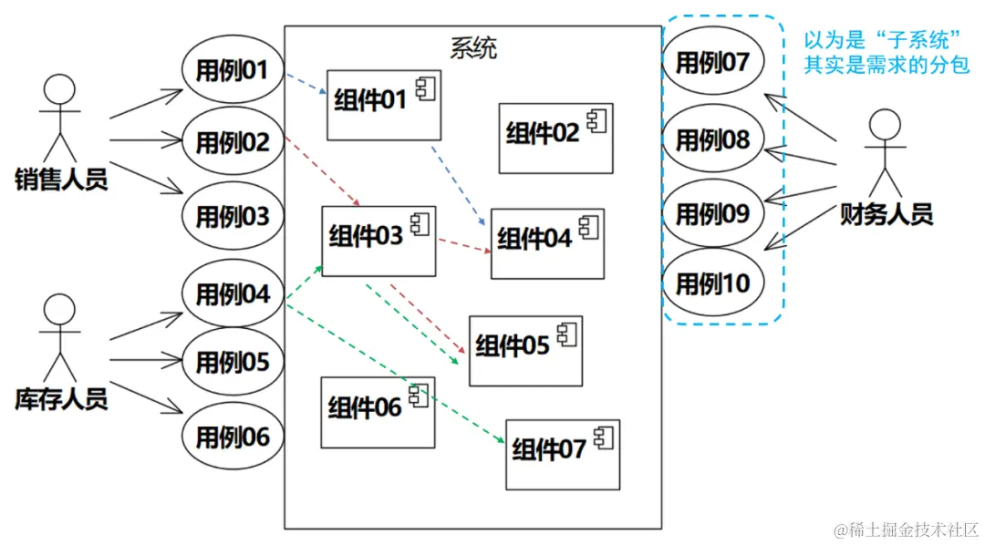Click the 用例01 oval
[x=233, y=69]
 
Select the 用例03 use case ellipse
[x=233, y=217]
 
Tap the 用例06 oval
[x=233, y=437]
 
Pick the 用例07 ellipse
[x=712, y=63]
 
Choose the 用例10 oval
[x=712, y=283]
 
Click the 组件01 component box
[x=383, y=104]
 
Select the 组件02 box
[x=555, y=138]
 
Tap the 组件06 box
[x=378, y=411]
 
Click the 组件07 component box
[x=562, y=453]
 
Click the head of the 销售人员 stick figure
[x=59, y=91]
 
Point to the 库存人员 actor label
[x=61, y=398]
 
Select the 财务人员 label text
[x=886, y=215]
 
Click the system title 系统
[x=474, y=47]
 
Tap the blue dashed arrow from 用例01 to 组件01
[x=305, y=84]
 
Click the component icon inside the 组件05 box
[x=566, y=335]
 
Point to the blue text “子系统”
[x=918, y=41]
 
